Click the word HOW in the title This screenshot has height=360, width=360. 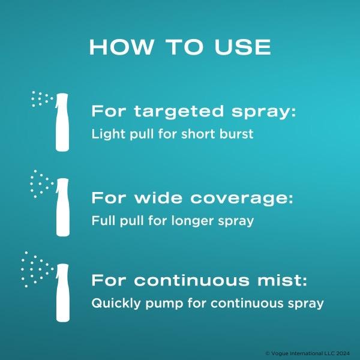click(121, 47)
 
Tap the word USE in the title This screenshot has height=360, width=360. click(242, 47)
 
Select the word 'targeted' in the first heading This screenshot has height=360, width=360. click(179, 112)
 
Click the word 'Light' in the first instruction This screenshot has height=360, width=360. click(108, 134)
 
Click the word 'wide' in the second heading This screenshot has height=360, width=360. click(158, 198)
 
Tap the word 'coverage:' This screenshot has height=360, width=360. click(242, 199)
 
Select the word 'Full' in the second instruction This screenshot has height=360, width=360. click(103, 221)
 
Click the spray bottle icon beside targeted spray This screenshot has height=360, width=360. click(62, 122)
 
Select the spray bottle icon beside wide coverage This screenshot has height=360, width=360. click(62, 207)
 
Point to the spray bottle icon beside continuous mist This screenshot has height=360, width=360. click(62, 293)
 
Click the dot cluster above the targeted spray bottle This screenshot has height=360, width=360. click(42, 99)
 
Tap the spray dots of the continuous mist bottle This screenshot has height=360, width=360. click(37, 269)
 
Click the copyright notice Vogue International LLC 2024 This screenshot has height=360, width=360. click(308, 353)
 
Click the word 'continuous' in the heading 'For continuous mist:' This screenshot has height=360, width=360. click(191, 280)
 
